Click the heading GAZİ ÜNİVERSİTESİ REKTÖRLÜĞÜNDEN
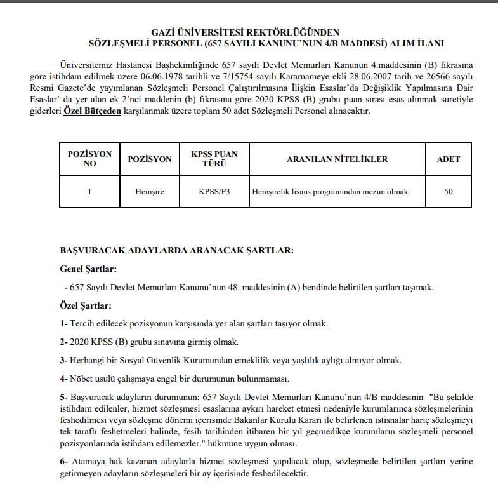[246, 32]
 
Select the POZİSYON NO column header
[89, 159]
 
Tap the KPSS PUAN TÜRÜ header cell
[214, 159]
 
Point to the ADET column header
[448, 159]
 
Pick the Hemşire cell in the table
[150, 191]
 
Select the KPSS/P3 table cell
[214, 191]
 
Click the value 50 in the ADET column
[448, 191]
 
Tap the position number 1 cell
[89, 191]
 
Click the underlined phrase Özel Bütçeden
[92, 111]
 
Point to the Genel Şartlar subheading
[88, 269]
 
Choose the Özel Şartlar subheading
[86, 306]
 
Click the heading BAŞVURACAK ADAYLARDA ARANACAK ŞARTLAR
[176, 250]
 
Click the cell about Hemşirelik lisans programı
[331, 191]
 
